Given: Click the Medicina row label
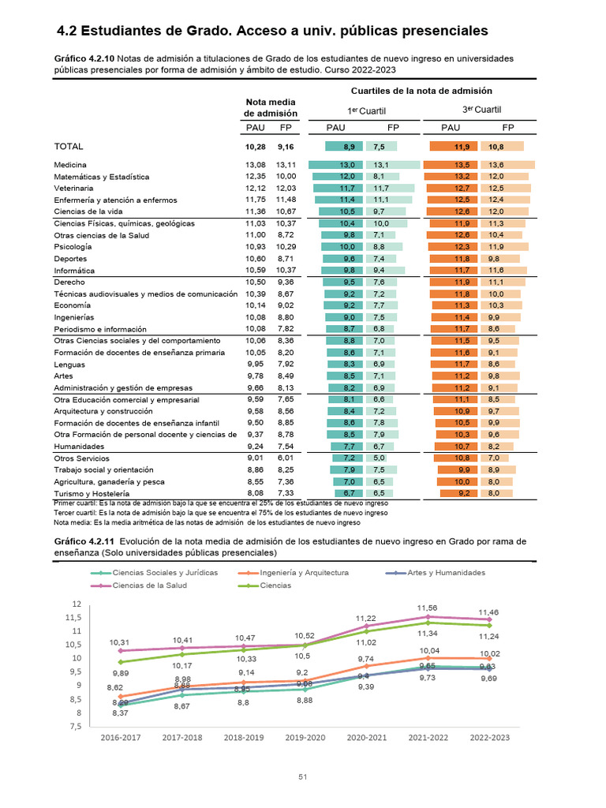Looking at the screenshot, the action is (x=70, y=165).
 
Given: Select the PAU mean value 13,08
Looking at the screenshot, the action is (x=256, y=165).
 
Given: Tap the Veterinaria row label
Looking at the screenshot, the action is (x=73, y=188).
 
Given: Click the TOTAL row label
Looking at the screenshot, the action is (x=69, y=146).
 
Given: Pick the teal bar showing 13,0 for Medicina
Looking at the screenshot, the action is (x=335, y=165).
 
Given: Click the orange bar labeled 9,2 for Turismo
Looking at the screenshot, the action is (x=458, y=493).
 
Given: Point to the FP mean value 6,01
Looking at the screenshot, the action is (x=286, y=458).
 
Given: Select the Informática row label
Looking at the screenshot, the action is (x=74, y=271).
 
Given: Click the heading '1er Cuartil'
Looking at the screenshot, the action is (x=366, y=110).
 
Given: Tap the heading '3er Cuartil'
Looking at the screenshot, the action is (x=481, y=110).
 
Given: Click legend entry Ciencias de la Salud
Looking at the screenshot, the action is (x=139, y=585).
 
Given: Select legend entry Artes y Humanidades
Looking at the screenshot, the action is (x=436, y=573).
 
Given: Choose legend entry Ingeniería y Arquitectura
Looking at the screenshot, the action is (x=294, y=573).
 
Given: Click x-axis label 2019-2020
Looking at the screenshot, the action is (x=305, y=738).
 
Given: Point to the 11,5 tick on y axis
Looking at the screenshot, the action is (x=73, y=617).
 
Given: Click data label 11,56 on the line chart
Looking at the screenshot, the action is (x=427, y=608).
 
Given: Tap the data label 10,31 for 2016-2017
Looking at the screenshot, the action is (x=119, y=642).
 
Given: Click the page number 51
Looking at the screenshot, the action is (x=303, y=776).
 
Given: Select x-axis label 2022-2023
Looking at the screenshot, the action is (x=489, y=738).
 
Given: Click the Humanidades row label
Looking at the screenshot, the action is (x=79, y=447).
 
